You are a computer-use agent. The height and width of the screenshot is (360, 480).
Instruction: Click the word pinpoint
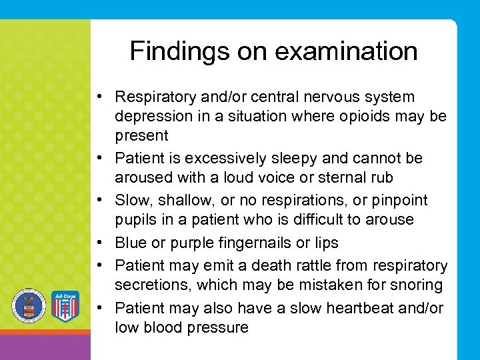(x=401, y=200)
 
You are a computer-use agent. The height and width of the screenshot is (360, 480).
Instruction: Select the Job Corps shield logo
(x=65, y=306)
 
